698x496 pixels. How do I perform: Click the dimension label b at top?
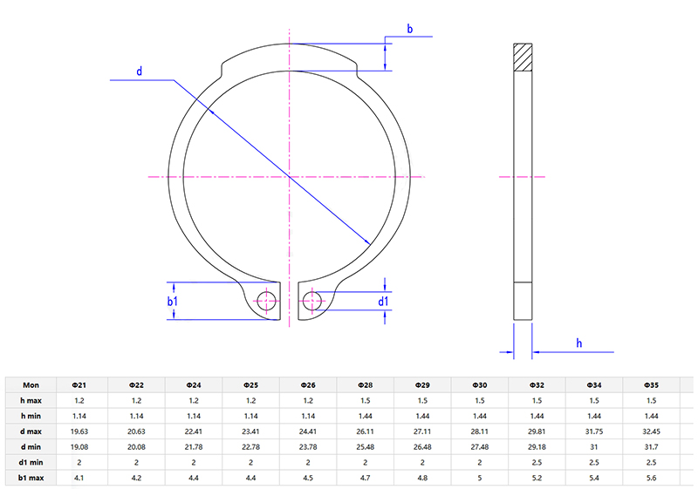(409, 30)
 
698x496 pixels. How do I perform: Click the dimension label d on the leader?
(140, 71)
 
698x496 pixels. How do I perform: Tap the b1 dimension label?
(173, 302)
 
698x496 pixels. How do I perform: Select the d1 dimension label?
(383, 302)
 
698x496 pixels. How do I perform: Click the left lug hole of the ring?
(268, 302)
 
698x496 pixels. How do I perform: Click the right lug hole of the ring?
(310, 302)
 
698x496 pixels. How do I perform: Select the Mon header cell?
(31, 384)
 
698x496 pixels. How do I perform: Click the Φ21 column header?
(79, 384)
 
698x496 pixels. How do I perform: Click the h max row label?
(31, 399)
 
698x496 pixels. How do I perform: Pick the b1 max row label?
(31, 478)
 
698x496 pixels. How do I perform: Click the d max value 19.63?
(79, 431)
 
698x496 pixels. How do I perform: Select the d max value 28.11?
(479, 431)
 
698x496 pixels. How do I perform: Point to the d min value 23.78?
(307, 446)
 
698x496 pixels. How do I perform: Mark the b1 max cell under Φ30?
(479, 478)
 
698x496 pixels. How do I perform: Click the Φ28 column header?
(365, 384)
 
